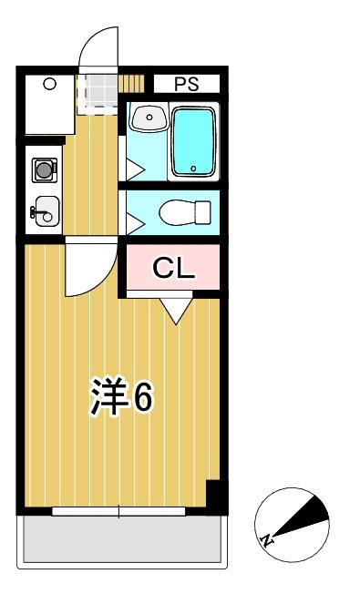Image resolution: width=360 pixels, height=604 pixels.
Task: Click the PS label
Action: point(186,85)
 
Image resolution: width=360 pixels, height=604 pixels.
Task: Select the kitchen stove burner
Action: point(43,169)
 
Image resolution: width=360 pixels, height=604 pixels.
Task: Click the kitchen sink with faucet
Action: point(45,210)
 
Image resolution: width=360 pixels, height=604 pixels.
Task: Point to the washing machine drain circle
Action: point(49,85)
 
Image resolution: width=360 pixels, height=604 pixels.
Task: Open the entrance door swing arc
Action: point(99,46)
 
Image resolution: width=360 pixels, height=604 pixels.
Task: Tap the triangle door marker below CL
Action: point(176,311)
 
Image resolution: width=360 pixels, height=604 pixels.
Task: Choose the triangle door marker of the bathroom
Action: point(133,169)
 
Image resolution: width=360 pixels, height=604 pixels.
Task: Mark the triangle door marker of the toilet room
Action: point(133,220)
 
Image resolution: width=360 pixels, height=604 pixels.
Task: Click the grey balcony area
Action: point(121,541)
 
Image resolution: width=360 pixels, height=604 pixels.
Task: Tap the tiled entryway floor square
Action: point(98,90)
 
